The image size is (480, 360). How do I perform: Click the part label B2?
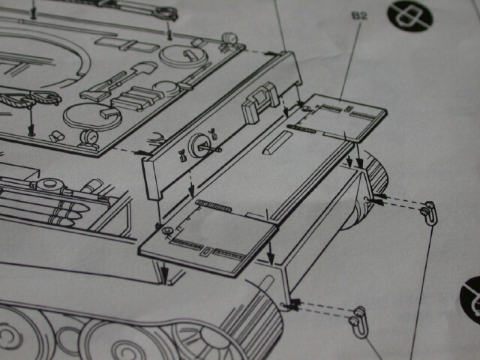pos(359,16)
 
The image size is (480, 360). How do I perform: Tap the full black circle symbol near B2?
pos(410,16)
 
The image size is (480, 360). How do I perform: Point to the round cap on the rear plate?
pos(199,145)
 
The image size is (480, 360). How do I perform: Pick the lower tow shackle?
pos(359,322)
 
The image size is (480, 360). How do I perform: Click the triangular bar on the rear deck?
pos(276,142)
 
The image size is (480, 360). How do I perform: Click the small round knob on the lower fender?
pos(167,230)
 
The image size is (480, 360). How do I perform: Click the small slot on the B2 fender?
pos(348,109)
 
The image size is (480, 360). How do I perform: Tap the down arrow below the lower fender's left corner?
pos(165,272)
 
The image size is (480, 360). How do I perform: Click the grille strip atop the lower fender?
pos(213,205)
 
